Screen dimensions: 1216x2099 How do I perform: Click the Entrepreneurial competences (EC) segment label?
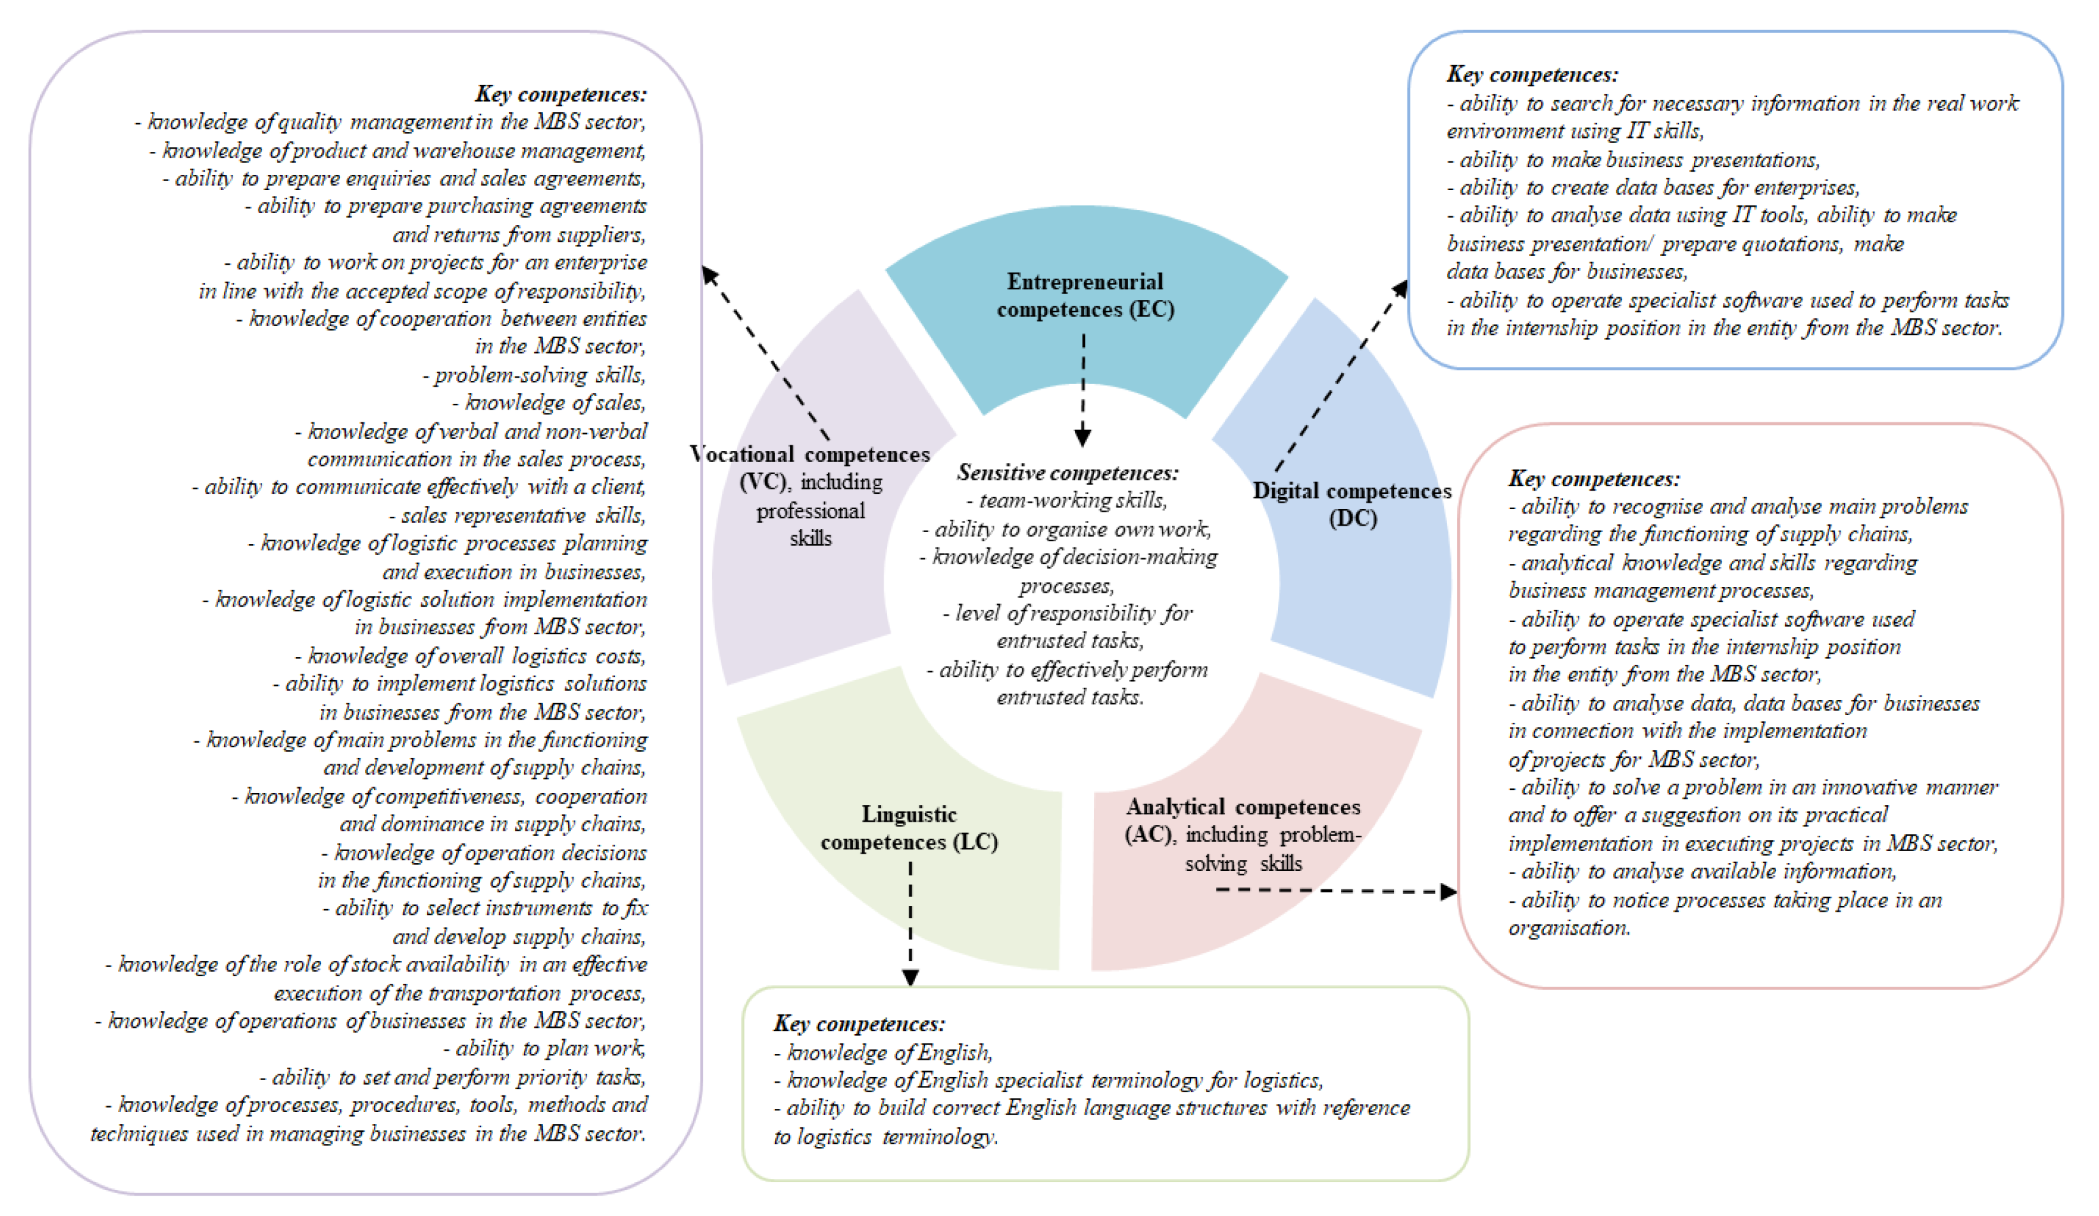point(1085,295)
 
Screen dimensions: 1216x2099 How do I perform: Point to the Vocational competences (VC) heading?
point(810,455)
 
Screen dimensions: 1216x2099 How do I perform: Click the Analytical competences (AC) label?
point(1243,807)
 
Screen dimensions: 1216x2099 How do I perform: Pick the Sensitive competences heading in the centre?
point(1068,473)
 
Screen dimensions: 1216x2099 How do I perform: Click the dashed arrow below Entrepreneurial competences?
point(1083,387)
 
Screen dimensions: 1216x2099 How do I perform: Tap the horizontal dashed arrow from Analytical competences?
point(1333,891)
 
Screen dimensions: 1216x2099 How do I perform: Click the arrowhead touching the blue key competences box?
point(1400,289)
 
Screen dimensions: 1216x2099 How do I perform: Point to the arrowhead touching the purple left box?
point(709,275)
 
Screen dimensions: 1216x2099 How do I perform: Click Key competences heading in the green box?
point(859,1023)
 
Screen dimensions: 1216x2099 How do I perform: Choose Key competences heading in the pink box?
point(1594,479)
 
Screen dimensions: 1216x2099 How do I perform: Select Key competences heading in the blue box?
point(1532,75)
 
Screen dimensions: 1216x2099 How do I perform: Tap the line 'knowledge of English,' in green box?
point(883,1053)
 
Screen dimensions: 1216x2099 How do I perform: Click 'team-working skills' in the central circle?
point(1068,501)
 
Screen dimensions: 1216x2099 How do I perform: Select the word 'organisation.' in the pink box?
point(1568,928)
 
